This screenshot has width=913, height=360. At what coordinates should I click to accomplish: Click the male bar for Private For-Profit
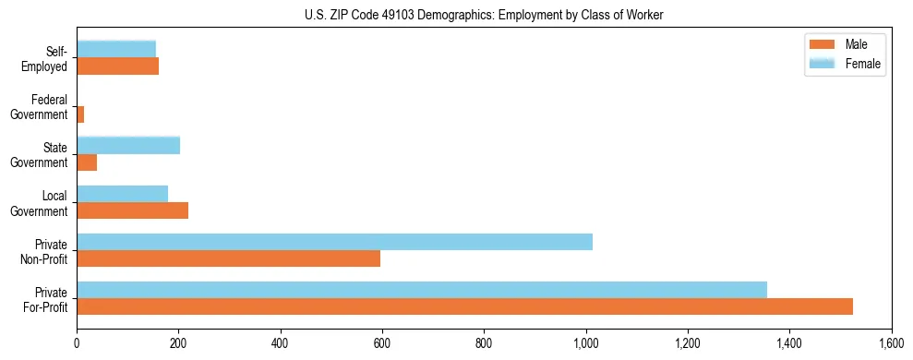pos(464,306)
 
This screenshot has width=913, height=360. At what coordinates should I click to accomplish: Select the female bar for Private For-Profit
pos(422,290)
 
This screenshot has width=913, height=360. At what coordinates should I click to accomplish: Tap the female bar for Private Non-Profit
pos(334,242)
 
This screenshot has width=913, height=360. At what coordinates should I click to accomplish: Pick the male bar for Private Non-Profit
pos(228,258)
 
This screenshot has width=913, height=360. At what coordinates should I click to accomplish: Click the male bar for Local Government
pos(132,210)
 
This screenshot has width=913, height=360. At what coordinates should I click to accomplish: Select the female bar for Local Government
pos(122,194)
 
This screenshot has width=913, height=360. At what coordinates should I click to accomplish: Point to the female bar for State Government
pos(128,146)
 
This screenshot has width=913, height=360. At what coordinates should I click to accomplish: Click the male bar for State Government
pos(87,162)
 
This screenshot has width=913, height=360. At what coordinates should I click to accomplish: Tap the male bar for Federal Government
pos(80,114)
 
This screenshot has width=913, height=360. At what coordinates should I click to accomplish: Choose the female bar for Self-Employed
pos(116,50)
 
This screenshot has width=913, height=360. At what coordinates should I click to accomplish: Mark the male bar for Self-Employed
pos(117,66)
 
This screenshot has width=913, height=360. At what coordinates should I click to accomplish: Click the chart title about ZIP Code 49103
pos(484,15)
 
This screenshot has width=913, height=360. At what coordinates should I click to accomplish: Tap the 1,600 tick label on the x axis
pos(891,343)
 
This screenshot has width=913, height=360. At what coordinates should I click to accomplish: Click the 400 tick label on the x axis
pos(281,343)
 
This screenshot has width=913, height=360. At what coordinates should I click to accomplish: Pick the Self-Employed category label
pos(44,59)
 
